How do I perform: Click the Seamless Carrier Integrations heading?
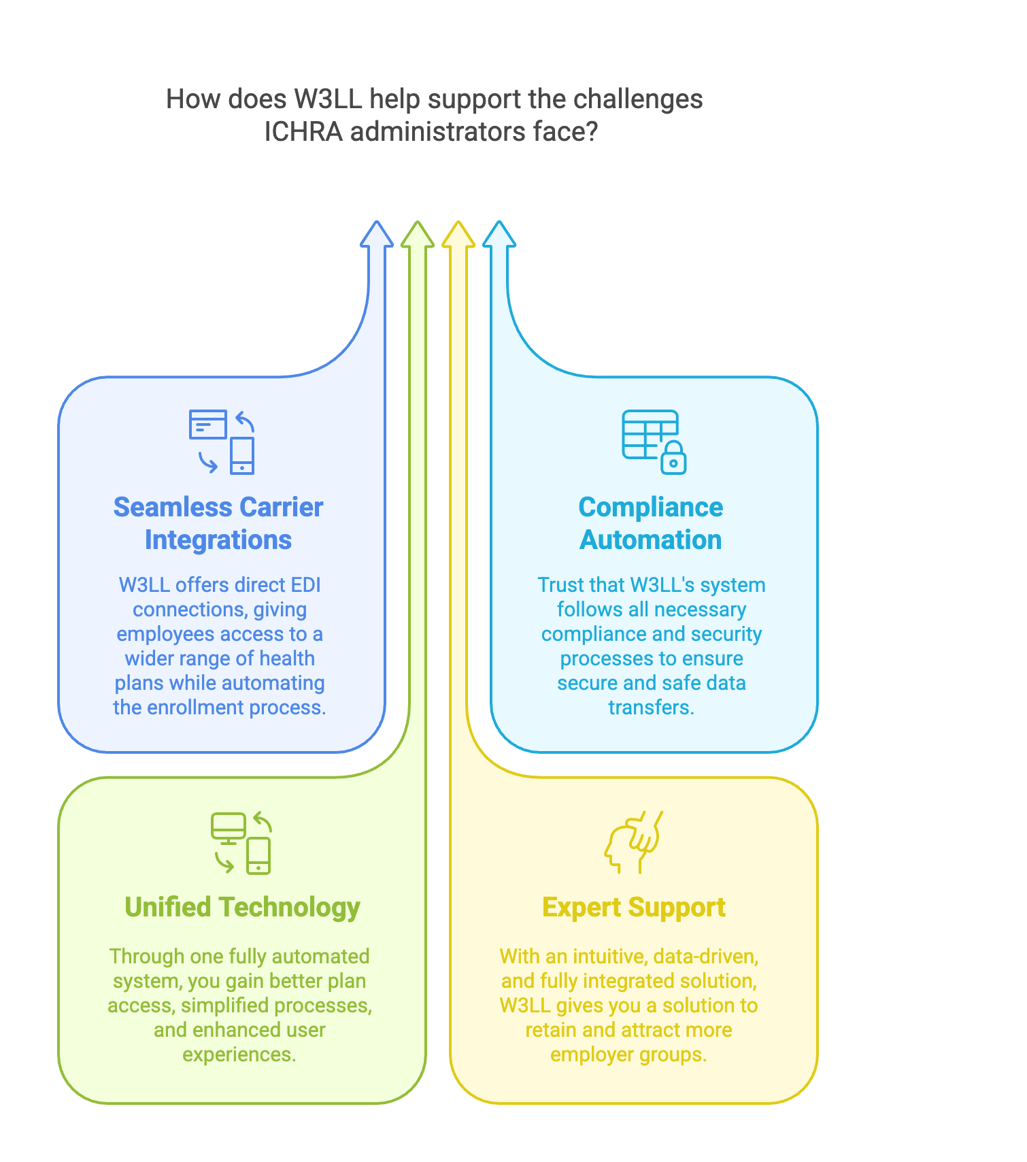coord(218,523)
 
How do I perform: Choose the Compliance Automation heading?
coord(651,523)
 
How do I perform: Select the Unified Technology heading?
coord(242,907)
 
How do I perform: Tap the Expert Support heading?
coord(634,907)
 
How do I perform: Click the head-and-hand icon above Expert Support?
coord(633,842)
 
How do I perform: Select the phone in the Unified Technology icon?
coord(258,855)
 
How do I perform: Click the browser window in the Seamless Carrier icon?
coord(207,425)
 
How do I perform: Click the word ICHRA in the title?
coord(303,132)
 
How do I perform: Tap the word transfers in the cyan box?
coord(651,708)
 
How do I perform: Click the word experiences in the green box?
coord(239,1055)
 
